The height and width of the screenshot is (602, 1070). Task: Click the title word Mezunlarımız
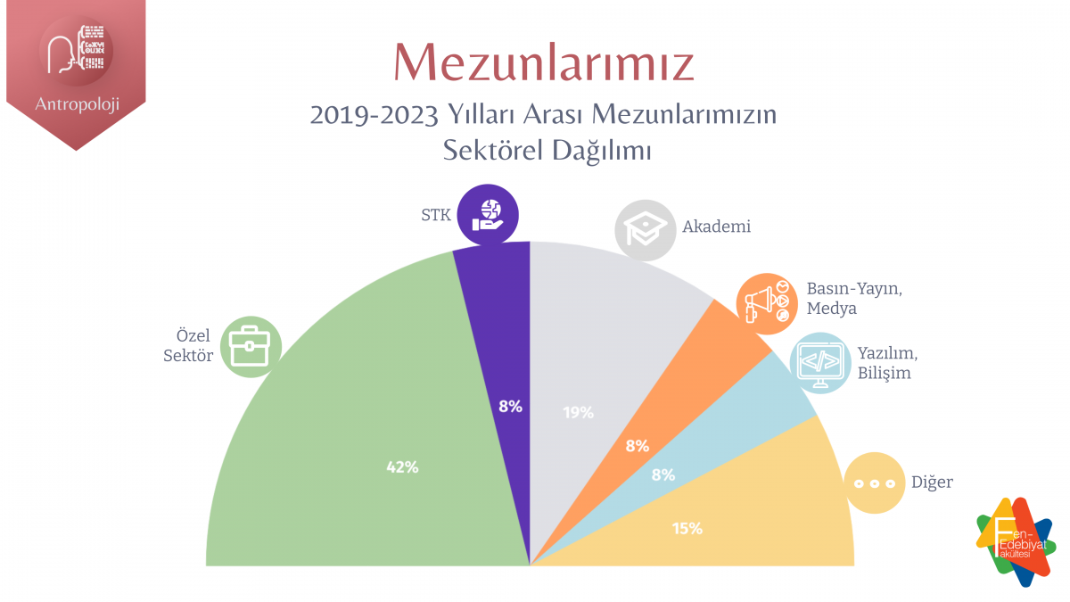(544, 62)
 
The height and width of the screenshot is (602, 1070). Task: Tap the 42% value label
(402, 466)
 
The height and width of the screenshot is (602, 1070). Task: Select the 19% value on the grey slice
(578, 412)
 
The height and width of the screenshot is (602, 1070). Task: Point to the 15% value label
(687, 528)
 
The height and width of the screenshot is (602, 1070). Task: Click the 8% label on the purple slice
(510, 407)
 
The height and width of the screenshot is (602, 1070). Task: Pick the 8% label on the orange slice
(637, 446)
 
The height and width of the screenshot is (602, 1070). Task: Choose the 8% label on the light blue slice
(663, 475)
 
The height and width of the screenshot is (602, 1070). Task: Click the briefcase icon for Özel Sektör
(251, 346)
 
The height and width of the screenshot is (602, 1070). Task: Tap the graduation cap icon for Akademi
(645, 229)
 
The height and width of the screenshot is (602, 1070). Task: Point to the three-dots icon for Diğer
(874, 482)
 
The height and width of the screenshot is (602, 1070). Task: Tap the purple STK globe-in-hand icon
(488, 215)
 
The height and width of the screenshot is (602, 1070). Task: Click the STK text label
(435, 215)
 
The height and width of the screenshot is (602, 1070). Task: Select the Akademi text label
(716, 227)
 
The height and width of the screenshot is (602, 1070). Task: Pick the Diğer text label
(932, 482)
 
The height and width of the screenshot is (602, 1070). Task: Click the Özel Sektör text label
(192, 346)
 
